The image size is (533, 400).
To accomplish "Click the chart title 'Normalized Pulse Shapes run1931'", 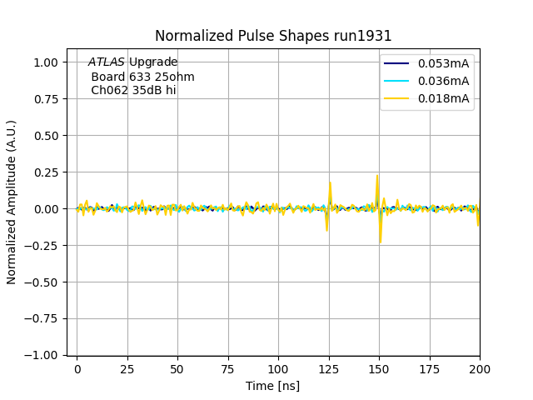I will pyautogui.click(x=273, y=36).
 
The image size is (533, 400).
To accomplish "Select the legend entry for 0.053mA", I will pyautogui.click(x=443, y=63).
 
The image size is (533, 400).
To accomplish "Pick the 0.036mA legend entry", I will pyautogui.click(x=443, y=81).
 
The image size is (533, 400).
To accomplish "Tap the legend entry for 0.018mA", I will pyautogui.click(x=443, y=99).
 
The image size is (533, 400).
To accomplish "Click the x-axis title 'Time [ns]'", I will pyautogui.click(x=272, y=386).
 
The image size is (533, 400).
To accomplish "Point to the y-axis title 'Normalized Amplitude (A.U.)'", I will pyautogui.click(x=12, y=202).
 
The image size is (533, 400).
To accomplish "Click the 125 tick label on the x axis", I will pyautogui.click(x=329, y=368).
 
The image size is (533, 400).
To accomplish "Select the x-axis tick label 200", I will pyautogui.click(x=480, y=368).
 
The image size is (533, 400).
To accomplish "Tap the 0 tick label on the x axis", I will pyautogui.click(x=77, y=368).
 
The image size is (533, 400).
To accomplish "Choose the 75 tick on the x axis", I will pyautogui.click(x=228, y=368).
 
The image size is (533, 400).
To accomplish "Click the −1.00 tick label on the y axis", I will pyautogui.click(x=42, y=355).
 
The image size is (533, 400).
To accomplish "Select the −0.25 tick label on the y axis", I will pyautogui.click(x=42, y=245).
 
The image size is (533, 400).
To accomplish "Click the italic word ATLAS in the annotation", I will pyautogui.click(x=107, y=62).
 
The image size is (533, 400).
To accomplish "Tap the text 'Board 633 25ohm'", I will pyautogui.click(x=142, y=77).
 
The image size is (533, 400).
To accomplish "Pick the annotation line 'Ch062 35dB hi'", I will pyautogui.click(x=133, y=91).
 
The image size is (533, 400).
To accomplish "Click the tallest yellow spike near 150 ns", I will pyautogui.click(x=377, y=176).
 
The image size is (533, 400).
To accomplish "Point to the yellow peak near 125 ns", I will pyautogui.click(x=331, y=182).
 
